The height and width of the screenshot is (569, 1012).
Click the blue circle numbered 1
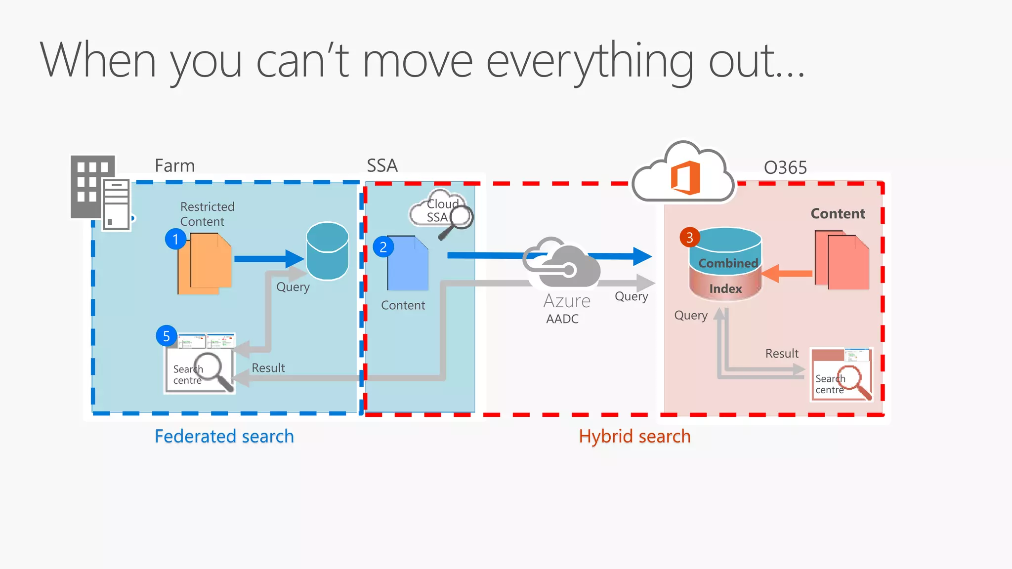point(175,240)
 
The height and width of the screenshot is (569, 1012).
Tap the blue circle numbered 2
point(383,247)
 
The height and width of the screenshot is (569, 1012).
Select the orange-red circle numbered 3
point(690,238)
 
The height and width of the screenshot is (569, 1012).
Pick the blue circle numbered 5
point(167,336)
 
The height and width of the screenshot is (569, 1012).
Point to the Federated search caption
point(224,436)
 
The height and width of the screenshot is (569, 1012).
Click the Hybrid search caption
point(634,436)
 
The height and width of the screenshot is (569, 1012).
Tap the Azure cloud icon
point(563,264)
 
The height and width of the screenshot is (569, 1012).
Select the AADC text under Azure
point(562,319)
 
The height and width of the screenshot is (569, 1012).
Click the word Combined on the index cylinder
point(728,263)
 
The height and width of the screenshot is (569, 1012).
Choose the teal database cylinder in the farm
point(327,251)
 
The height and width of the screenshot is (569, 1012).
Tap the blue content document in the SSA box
point(407,263)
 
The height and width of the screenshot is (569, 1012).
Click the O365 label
point(785,168)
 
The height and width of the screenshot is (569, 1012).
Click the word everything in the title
point(590,62)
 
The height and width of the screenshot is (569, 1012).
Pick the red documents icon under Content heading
point(842,260)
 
